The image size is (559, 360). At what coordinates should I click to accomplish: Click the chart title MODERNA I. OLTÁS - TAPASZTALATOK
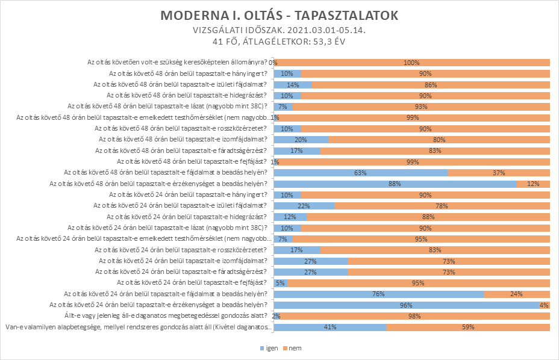279,16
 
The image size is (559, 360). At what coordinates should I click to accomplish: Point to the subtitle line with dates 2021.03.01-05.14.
279,30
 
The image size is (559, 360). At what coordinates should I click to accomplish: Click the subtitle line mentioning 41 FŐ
279,42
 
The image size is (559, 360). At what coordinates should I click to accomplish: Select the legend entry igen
269,348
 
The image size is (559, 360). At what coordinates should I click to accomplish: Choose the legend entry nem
292,348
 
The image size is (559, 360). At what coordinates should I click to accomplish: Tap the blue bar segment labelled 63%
361,173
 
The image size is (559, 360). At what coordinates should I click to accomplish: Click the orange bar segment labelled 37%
499,173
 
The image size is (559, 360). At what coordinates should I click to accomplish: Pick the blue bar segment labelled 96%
406,305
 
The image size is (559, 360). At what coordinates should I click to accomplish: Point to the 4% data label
544,305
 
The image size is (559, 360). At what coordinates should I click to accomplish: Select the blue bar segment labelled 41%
330,327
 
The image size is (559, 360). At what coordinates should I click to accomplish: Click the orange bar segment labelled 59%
468,327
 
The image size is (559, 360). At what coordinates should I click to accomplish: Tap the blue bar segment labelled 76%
379,294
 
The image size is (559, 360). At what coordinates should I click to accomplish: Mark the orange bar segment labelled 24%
517,294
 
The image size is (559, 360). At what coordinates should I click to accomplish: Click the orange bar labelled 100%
412,63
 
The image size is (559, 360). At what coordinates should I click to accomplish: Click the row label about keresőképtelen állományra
177,62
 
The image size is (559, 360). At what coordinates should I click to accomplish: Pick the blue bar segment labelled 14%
293,85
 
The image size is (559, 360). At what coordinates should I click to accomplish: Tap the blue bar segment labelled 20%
301,140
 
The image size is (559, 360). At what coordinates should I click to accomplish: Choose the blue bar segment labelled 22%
304,206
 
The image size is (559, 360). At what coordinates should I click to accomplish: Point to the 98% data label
414,316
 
